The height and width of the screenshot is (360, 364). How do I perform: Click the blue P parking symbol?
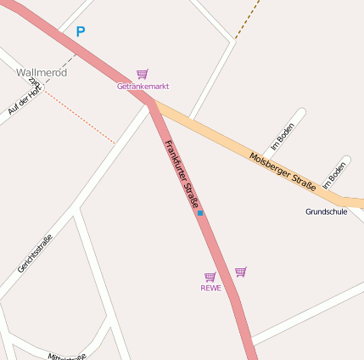(81, 32)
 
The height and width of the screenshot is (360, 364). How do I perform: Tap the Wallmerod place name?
(42, 72)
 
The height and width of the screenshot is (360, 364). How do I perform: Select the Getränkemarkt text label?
(143, 87)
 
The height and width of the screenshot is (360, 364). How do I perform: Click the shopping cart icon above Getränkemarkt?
(143, 75)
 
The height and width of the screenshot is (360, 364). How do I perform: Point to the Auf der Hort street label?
(24, 98)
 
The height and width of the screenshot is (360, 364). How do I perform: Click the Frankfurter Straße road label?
(182, 174)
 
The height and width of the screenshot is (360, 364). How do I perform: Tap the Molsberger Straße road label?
(283, 170)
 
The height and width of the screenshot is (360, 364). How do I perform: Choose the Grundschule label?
(326, 211)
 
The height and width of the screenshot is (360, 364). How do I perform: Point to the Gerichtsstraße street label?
(35, 253)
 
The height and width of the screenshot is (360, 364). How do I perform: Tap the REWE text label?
(210, 288)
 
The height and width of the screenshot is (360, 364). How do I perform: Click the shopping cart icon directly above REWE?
(210, 277)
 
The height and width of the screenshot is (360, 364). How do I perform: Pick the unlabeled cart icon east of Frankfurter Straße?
(241, 272)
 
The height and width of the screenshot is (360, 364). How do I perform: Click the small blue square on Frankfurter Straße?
(200, 213)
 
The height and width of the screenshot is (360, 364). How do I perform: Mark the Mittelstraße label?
(68, 356)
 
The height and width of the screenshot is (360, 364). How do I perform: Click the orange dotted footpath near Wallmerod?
(81, 118)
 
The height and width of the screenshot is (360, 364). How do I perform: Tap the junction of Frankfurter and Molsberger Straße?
(153, 104)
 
